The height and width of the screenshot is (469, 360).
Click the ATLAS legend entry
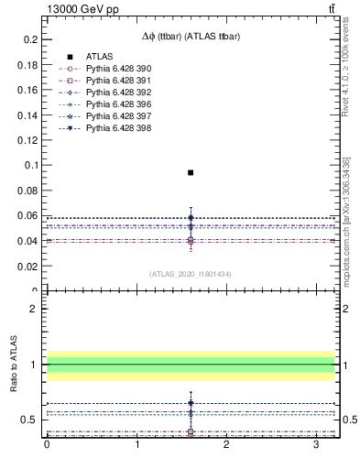(101, 57)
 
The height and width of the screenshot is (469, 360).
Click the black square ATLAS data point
(191, 172)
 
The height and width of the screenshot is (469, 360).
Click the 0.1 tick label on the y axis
(30, 166)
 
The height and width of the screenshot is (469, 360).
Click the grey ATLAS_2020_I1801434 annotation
(191, 274)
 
